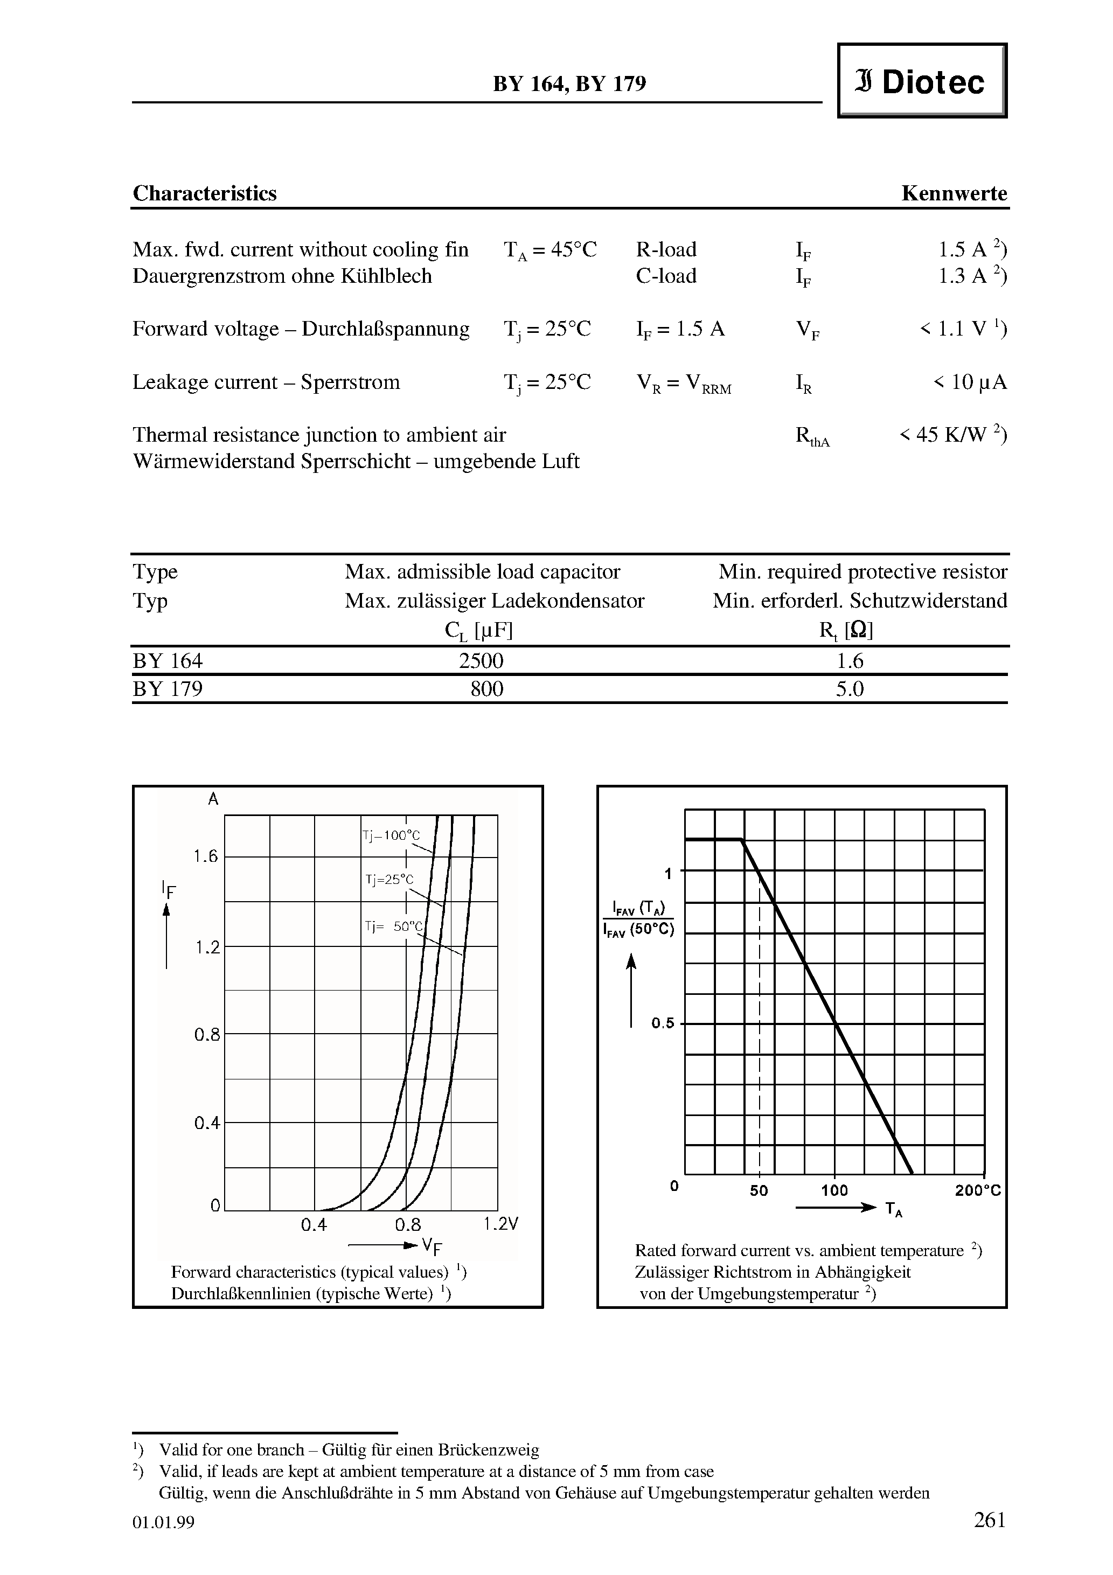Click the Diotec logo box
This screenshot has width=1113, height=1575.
922,81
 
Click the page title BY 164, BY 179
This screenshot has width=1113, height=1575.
569,83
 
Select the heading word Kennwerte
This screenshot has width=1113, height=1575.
954,193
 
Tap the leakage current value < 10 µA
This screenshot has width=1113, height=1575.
970,382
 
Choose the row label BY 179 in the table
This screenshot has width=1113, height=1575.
168,689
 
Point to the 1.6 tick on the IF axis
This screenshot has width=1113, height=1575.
205,856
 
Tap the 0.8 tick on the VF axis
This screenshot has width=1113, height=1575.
408,1224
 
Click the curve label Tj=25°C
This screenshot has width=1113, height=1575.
389,880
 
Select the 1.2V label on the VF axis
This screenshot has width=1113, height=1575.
501,1224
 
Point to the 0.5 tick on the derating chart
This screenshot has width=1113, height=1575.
663,1023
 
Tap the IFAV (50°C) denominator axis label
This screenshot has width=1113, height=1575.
638,931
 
